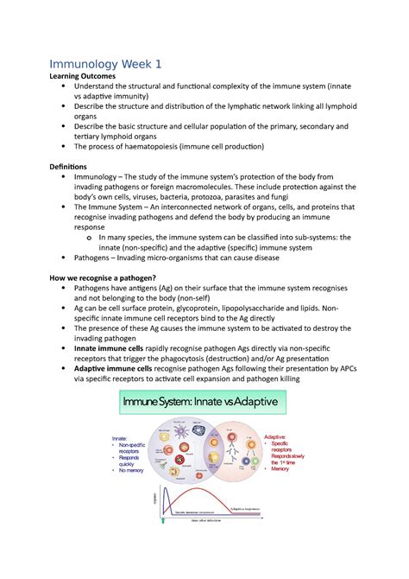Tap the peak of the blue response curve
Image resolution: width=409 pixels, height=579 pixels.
pyautogui.click(x=170, y=492)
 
